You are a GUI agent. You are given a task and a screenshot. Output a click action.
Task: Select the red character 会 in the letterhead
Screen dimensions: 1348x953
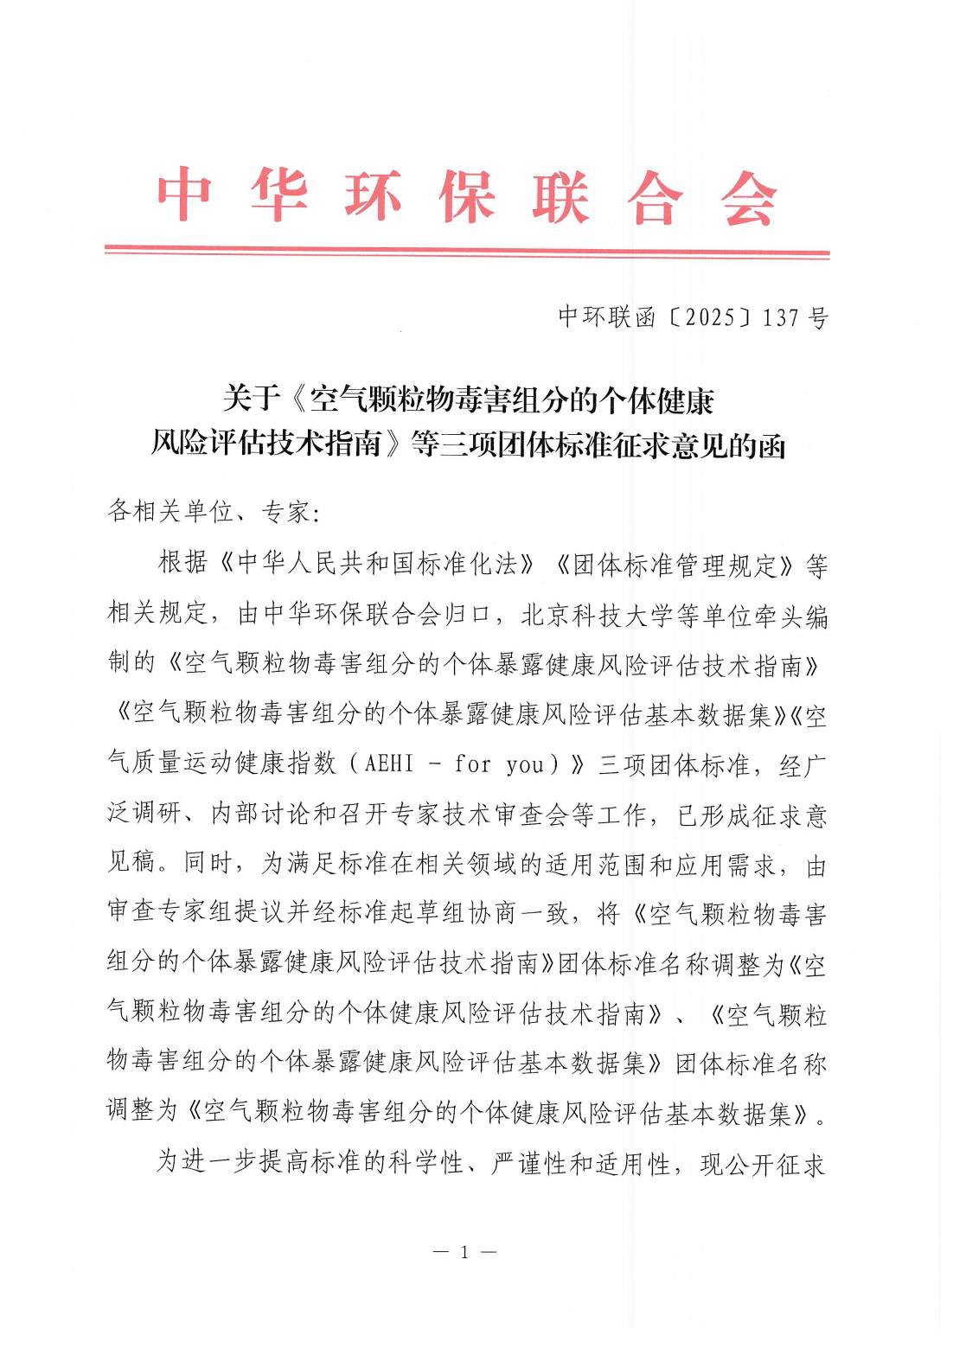[749, 195]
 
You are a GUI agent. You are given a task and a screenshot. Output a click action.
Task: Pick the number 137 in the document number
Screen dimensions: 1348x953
[781, 317]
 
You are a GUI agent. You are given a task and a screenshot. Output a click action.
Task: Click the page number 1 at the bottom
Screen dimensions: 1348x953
[465, 1252]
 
